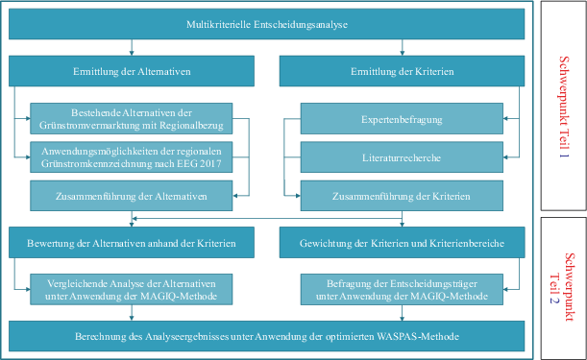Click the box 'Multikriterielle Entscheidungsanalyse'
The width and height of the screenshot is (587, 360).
point(267,22)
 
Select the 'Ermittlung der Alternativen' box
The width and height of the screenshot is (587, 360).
point(132,70)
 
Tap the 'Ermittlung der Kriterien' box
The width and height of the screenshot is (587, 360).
point(402,70)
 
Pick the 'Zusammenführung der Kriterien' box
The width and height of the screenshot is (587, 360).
point(402,195)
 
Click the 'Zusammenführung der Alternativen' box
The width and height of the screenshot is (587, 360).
point(132,195)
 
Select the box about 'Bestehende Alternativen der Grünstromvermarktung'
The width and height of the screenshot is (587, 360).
point(132,116)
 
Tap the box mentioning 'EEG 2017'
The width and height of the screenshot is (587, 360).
point(132,155)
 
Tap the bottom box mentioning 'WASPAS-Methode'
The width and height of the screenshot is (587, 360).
point(267,336)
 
